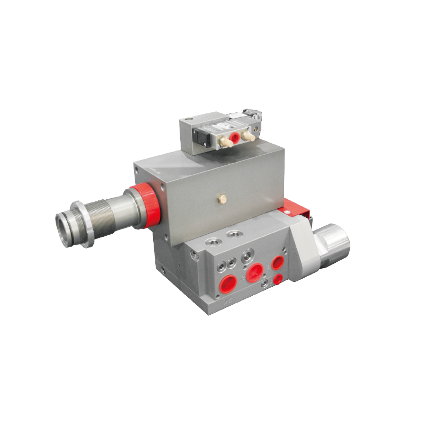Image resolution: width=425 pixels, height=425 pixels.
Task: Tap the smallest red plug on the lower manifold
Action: (278, 280)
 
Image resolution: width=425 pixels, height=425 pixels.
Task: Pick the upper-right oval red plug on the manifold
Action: (277, 262)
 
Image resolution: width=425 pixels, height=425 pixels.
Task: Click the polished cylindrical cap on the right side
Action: (333, 245)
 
